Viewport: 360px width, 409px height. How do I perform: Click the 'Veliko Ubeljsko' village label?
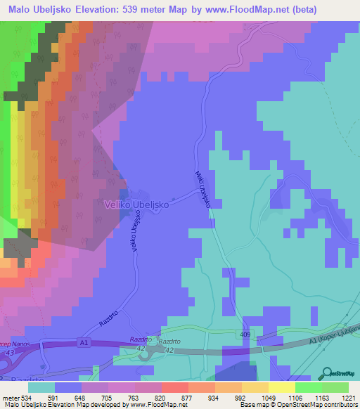click(x=135, y=204)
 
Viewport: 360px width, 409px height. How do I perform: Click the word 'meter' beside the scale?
click(x=8, y=398)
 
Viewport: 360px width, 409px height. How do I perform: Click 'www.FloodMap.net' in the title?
click(x=229, y=10)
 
